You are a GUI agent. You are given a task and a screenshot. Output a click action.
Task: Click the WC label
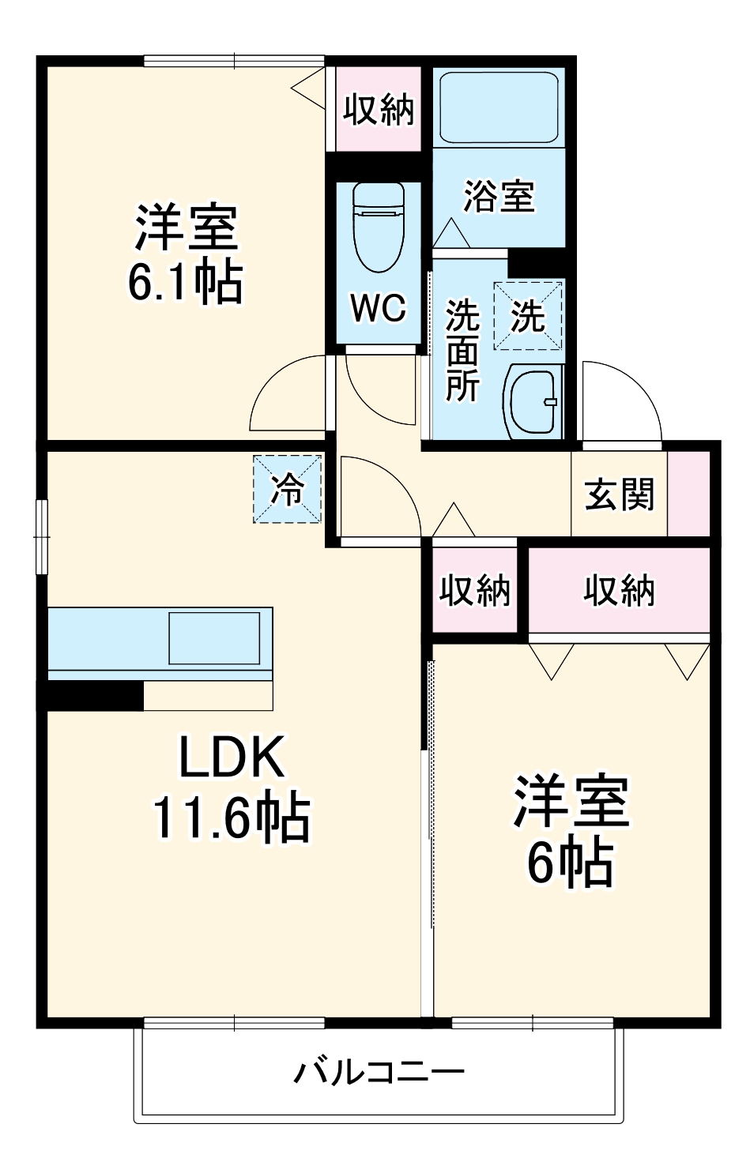[x=379, y=308]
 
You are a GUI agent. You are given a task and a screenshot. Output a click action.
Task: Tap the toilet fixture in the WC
[x=379, y=226]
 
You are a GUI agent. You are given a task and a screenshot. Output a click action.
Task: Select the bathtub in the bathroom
[x=498, y=107]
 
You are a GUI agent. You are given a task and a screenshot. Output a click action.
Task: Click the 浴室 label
[x=499, y=196]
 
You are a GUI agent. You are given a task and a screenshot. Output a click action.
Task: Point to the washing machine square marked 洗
[x=529, y=316]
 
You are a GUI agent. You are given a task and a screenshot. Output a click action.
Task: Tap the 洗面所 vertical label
[x=462, y=350]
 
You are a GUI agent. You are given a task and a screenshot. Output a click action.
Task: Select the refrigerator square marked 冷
[x=288, y=489]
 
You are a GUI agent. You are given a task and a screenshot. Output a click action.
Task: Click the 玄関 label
[x=620, y=494]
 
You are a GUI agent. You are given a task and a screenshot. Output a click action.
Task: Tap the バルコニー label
[x=379, y=1073]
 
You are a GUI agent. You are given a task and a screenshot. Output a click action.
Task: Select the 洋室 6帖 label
[x=571, y=831]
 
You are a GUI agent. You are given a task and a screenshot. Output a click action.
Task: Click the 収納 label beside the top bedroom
[x=379, y=111]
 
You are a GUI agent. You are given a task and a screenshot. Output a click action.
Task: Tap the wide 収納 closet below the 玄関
[x=620, y=589]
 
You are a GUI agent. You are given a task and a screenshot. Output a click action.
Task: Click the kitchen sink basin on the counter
[x=214, y=637]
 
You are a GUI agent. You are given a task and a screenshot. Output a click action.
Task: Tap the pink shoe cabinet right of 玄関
[x=689, y=494]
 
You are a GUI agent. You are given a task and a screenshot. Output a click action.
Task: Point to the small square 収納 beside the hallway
[x=474, y=589]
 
